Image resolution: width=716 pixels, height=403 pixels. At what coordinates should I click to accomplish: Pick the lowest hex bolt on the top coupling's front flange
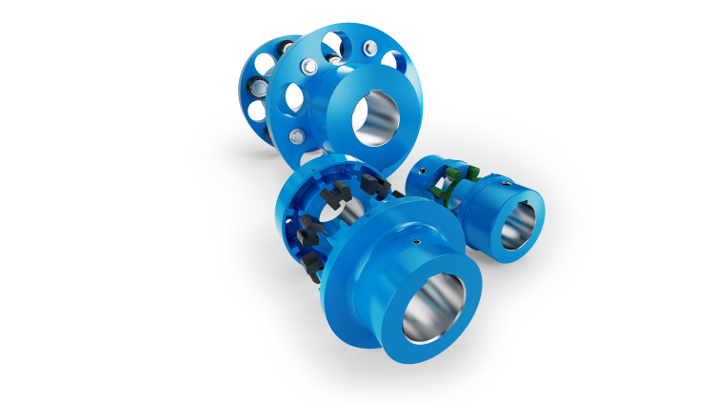(298, 136)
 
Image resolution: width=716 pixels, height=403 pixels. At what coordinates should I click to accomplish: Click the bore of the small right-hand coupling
(516, 226)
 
